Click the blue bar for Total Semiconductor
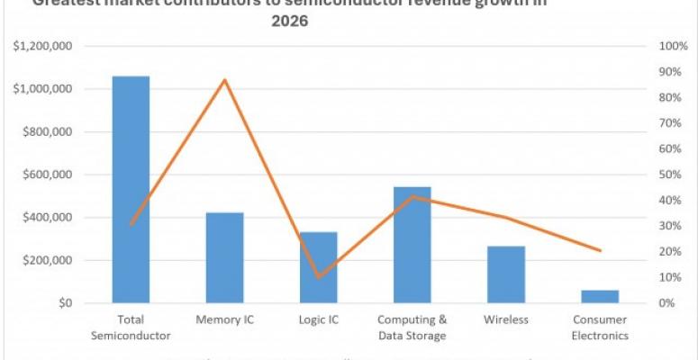[x=131, y=189]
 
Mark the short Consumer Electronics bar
[x=599, y=296]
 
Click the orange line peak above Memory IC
[x=224, y=80]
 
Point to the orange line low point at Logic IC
[x=318, y=276]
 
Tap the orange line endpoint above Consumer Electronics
[x=600, y=250]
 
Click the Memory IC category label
[x=224, y=319]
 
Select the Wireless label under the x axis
[x=505, y=319]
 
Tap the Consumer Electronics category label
[x=599, y=328]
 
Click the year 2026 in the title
[x=289, y=22]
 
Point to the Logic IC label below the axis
[x=318, y=319]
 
